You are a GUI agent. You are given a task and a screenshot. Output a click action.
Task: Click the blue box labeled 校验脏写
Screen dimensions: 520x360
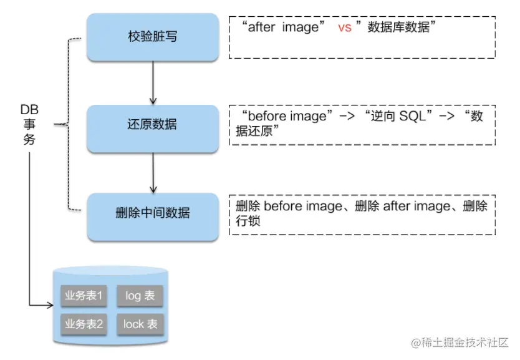153,37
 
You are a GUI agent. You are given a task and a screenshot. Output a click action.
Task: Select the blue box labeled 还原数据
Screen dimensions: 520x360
153,129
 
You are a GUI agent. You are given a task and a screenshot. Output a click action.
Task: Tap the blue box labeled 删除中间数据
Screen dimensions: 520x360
153,216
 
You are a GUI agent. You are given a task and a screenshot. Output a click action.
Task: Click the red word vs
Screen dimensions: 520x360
345,27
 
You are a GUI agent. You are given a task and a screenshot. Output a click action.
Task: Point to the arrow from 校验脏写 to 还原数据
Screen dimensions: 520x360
153,83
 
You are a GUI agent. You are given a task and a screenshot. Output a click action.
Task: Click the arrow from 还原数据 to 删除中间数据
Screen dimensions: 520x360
153,173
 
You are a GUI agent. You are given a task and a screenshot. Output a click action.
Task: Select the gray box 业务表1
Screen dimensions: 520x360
84,296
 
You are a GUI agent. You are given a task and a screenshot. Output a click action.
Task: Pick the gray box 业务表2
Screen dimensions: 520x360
84,324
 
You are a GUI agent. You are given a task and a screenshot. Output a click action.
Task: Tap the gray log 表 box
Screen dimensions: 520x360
140,296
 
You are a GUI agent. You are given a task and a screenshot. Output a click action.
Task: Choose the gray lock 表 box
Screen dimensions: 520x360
140,324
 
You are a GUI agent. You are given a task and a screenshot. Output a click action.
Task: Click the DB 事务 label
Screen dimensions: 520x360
29,124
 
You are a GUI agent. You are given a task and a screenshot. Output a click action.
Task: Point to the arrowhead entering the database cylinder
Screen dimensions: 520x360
51,305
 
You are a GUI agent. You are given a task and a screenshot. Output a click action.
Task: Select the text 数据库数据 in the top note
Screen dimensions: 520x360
398,27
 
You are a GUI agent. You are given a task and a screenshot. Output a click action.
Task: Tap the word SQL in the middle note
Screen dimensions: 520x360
413,116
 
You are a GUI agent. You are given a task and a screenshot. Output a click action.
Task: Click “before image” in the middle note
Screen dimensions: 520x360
287,116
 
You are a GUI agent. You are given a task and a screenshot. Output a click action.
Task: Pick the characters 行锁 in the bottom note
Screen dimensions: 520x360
248,221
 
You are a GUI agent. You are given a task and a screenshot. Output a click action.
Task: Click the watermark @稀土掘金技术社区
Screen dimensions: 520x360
460,343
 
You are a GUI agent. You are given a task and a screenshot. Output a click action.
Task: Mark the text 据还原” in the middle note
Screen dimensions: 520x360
258,131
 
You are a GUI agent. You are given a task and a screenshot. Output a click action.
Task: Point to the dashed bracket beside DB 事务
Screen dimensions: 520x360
68,124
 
